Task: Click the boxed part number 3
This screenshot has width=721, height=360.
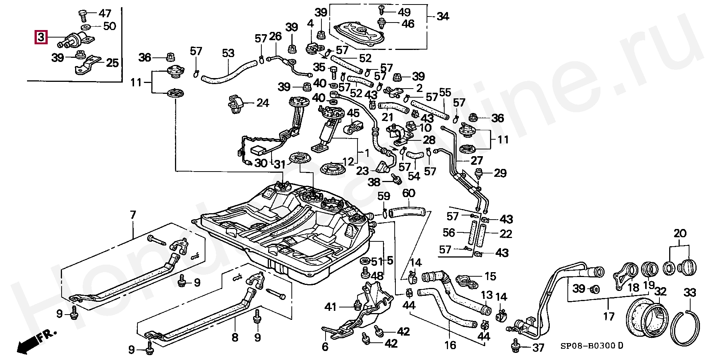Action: [x=41, y=37]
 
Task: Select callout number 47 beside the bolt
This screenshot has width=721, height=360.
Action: [x=105, y=14]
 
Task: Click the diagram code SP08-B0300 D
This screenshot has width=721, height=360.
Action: [x=591, y=345]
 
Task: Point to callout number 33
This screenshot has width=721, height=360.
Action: [x=690, y=292]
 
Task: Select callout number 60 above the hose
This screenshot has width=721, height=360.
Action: [x=409, y=193]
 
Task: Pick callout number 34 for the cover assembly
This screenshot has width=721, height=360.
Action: [x=442, y=17]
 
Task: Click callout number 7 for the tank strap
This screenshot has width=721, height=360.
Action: [x=133, y=215]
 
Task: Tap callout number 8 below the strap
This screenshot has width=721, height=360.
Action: [x=235, y=337]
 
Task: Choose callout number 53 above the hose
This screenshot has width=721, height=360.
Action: [x=228, y=53]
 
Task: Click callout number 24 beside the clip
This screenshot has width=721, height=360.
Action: [x=262, y=102]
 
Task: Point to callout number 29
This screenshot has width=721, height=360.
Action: [x=500, y=173]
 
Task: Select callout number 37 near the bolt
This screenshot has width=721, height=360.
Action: [x=538, y=348]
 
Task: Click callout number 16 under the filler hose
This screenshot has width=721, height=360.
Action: [x=450, y=344]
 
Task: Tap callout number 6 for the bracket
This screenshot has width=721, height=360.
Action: [x=325, y=346]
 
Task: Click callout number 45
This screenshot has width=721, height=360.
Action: [x=353, y=113]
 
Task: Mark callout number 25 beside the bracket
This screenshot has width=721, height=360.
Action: [x=112, y=63]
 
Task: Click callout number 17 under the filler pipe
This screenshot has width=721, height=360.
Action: [x=608, y=316]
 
